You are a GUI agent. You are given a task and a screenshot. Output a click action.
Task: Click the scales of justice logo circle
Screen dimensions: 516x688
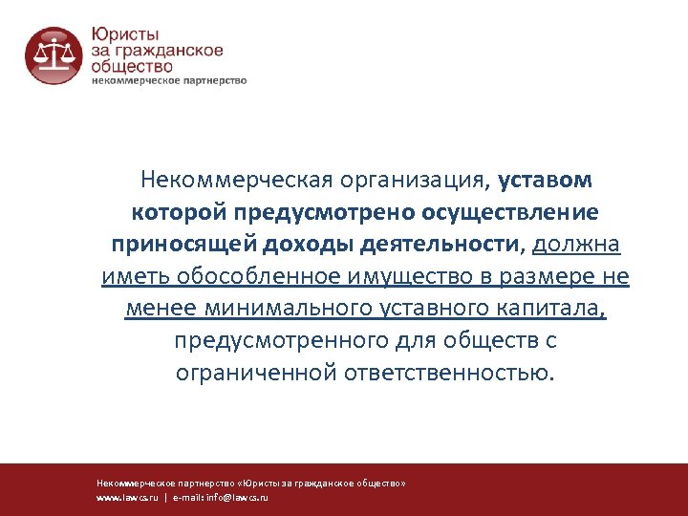click(54, 55)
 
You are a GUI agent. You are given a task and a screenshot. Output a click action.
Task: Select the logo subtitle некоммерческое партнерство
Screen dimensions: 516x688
click(169, 80)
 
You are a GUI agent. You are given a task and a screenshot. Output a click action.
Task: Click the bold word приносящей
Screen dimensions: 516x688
click(174, 244)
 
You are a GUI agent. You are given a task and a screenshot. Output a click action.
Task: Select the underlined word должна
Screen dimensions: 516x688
click(577, 244)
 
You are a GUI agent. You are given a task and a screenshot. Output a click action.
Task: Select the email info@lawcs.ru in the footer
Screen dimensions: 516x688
click(240, 498)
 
